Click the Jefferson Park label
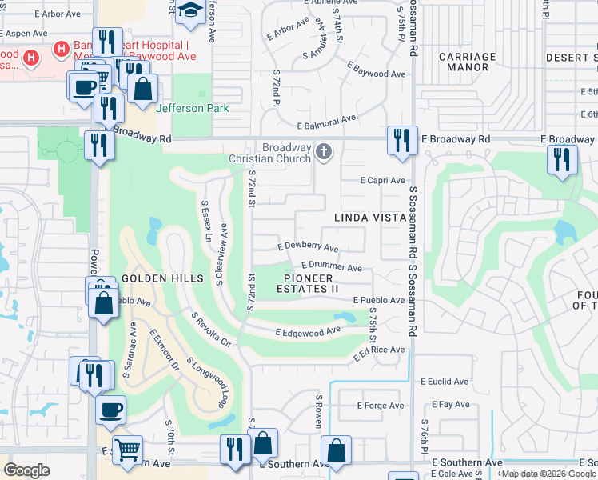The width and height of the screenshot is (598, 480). (193, 108)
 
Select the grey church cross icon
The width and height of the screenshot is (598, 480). (323, 151)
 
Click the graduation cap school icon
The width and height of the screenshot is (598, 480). (189, 10)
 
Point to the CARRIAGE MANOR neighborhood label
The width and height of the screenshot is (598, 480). (468, 62)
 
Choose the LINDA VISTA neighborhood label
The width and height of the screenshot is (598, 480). (365, 218)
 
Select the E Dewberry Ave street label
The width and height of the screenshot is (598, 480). (308, 248)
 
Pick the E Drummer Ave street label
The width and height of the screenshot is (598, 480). (332, 267)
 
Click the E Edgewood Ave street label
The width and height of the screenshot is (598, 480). (308, 330)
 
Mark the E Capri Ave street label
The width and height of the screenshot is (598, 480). (382, 181)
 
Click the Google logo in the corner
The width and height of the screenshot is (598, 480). (26, 470)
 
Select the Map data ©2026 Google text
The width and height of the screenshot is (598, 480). (548, 474)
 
